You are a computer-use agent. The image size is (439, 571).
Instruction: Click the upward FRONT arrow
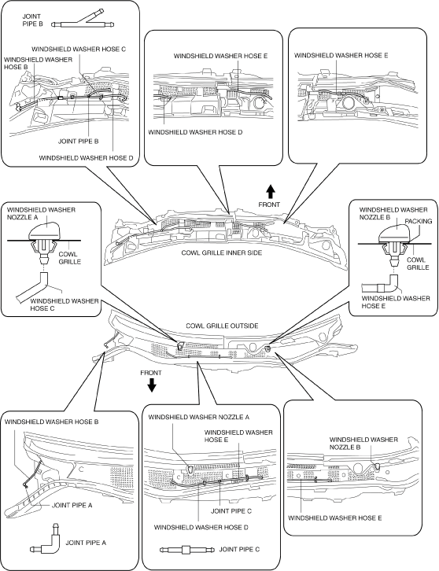(270, 192)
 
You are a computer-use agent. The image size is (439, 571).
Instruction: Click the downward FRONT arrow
(151, 385)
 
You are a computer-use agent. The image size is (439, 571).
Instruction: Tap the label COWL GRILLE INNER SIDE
(222, 252)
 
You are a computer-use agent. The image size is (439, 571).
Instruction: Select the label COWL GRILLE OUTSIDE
(222, 326)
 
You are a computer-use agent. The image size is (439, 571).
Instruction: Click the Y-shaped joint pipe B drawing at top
(83, 22)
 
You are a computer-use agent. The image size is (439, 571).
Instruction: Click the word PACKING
(419, 221)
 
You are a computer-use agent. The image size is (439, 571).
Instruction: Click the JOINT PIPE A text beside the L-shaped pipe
(86, 543)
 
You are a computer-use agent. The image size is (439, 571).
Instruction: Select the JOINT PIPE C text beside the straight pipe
(239, 549)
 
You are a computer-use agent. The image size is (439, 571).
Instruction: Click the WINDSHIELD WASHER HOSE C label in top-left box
(79, 49)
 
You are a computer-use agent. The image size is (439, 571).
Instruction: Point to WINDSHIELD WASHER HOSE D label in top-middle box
(195, 132)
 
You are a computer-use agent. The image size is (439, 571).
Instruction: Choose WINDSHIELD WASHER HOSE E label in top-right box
(341, 55)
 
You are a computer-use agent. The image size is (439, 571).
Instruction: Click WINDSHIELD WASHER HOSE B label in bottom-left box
(51, 422)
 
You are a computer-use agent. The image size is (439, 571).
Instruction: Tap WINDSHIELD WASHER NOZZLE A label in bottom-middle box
(198, 417)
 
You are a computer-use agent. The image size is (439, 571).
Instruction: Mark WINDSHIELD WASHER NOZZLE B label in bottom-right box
(363, 443)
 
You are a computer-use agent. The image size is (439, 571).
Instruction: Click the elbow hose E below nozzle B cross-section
(381, 285)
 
